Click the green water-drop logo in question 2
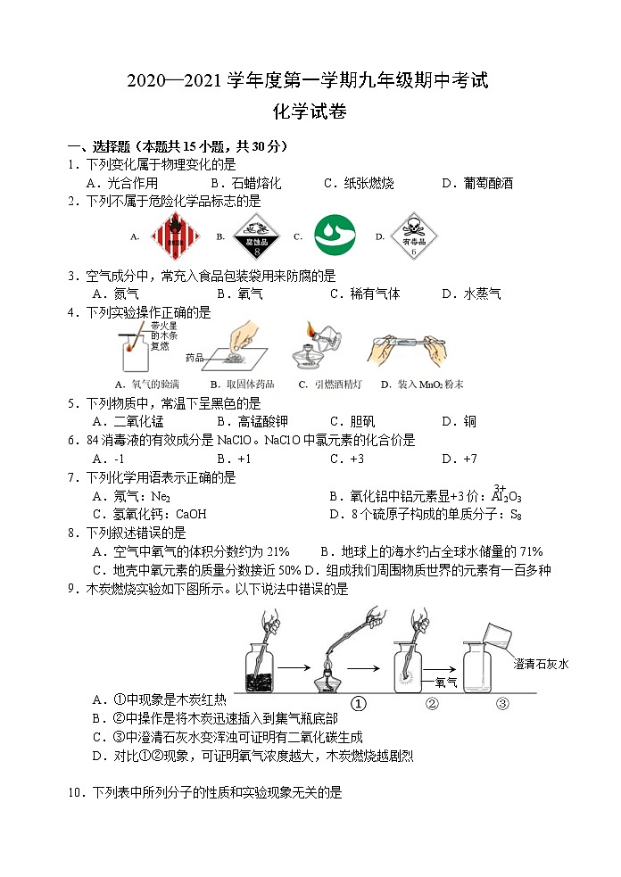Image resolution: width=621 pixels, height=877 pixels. (335, 236)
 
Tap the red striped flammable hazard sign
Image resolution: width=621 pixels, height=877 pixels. (171, 236)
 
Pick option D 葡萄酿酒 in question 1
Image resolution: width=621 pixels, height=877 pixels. (477, 183)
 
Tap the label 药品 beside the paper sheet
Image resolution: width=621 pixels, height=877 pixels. (195, 358)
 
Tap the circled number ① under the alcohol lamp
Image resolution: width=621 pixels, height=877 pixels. (359, 703)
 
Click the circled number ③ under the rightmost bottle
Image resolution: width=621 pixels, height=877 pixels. (502, 703)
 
